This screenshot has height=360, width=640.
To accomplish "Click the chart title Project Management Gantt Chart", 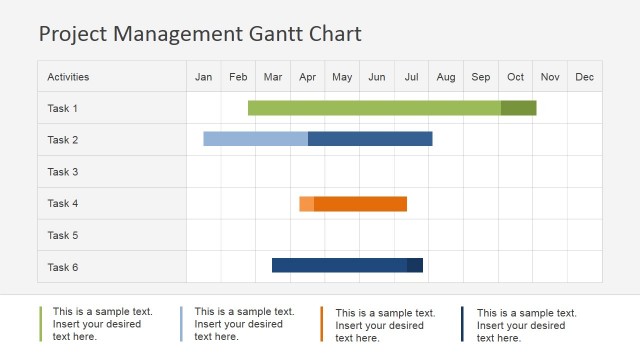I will click(x=200, y=34).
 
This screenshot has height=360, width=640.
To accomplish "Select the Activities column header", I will click(x=68, y=77).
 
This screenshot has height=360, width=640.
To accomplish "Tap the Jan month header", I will click(x=204, y=77).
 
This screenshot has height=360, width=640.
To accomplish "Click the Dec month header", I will click(x=585, y=77).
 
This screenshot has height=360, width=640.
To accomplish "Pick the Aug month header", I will click(x=446, y=77).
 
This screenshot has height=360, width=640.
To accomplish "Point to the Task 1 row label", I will click(x=63, y=108).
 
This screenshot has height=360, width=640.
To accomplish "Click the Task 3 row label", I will click(x=63, y=172).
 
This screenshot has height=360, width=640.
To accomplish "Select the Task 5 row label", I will click(x=63, y=235).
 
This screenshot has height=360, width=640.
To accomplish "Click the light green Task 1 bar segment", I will click(x=374, y=108).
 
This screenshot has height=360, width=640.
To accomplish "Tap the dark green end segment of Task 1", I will click(x=518, y=108).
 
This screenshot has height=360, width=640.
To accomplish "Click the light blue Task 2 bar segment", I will click(x=255, y=139).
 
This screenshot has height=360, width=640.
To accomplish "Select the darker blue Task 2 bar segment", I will click(x=370, y=139).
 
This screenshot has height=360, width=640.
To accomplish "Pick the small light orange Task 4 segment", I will click(x=306, y=204).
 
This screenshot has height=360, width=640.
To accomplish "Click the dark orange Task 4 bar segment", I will click(x=360, y=204).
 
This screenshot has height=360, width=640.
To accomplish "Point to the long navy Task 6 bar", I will click(x=339, y=265).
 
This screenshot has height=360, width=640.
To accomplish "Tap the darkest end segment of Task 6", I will click(x=415, y=265).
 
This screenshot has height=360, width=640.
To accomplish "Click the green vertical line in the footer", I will click(x=41, y=324).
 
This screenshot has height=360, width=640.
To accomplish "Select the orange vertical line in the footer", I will click(x=323, y=324).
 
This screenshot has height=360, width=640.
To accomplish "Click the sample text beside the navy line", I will click(x=526, y=325).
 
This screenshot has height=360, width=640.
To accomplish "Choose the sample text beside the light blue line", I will click(x=244, y=325).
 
